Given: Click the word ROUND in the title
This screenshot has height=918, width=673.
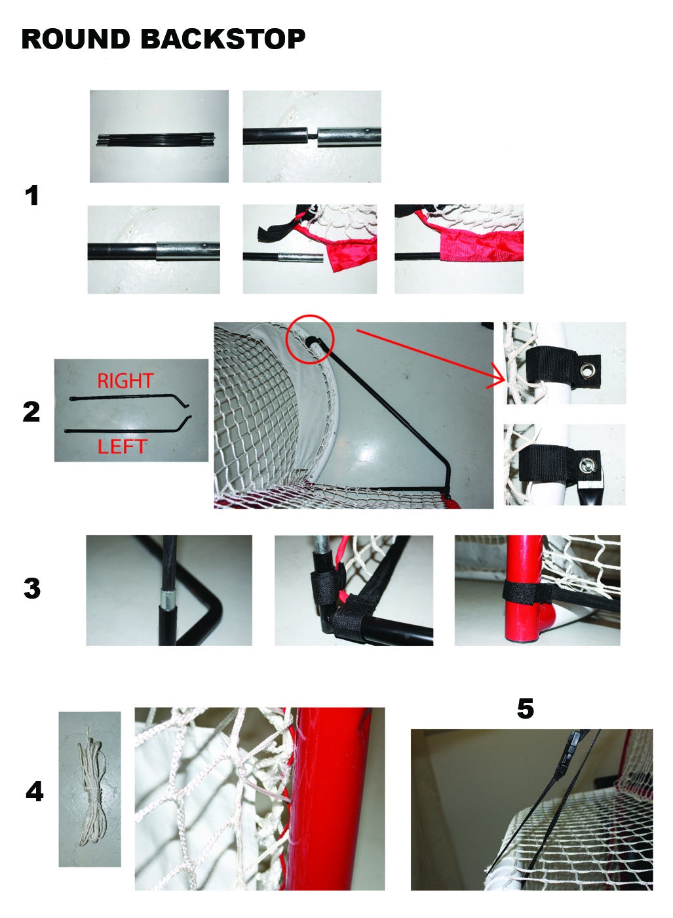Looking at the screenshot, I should click(x=75, y=39).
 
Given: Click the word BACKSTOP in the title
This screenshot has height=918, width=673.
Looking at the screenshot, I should click(x=223, y=39).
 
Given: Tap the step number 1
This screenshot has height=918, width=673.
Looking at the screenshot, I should click(x=31, y=196).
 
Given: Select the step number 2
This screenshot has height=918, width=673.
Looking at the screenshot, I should click(x=31, y=412).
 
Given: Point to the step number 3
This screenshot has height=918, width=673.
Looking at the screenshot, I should click(x=31, y=588).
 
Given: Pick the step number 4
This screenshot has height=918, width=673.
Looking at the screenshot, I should click(x=34, y=792).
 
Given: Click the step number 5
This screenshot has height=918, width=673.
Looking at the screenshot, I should click(x=525, y=709).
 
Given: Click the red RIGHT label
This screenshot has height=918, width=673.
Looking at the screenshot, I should click(x=125, y=381).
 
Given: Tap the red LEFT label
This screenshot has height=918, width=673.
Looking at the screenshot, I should click(x=122, y=447).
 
